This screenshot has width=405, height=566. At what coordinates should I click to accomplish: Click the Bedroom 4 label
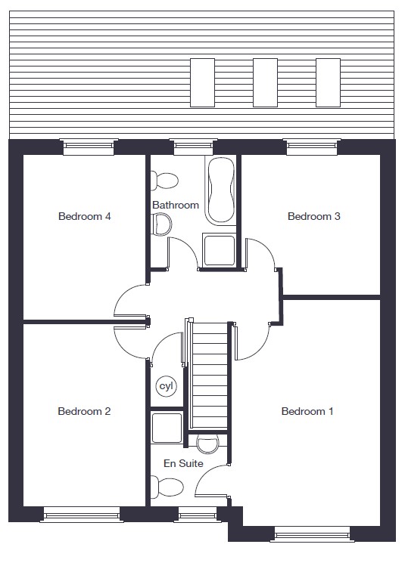pos(84,216)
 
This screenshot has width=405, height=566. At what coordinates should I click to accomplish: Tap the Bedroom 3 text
pos(314,216)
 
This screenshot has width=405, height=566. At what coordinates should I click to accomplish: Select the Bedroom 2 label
pos(84,411)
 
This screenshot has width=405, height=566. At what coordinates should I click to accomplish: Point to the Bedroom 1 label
pos(307,411)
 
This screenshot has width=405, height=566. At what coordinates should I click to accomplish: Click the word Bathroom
pos(176,205)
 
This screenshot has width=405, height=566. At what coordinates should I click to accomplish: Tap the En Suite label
pos(183,463)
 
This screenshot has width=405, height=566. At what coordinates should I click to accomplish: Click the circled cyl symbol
pos(167,386)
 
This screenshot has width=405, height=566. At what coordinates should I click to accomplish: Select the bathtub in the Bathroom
pos(220,190)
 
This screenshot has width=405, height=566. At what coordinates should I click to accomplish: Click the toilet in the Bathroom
pos(164,180)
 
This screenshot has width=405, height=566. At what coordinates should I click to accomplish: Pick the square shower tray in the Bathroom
pos(219,250)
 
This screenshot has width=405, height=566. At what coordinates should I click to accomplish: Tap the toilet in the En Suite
pos(167,487)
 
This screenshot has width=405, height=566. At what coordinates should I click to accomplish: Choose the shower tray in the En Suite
pos(167,428)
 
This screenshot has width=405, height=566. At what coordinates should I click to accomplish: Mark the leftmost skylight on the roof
pos(203,82)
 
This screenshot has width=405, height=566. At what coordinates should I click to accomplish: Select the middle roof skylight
pos(266,82)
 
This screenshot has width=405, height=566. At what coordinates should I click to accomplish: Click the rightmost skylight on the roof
pos(329,82)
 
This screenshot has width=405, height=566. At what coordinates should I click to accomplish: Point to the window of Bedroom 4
pos(89,147)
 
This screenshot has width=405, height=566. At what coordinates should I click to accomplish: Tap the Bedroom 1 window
pos(312,534)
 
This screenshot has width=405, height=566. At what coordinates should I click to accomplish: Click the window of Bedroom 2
pos(82,515)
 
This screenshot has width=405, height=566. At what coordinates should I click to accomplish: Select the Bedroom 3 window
pos(312,147)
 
